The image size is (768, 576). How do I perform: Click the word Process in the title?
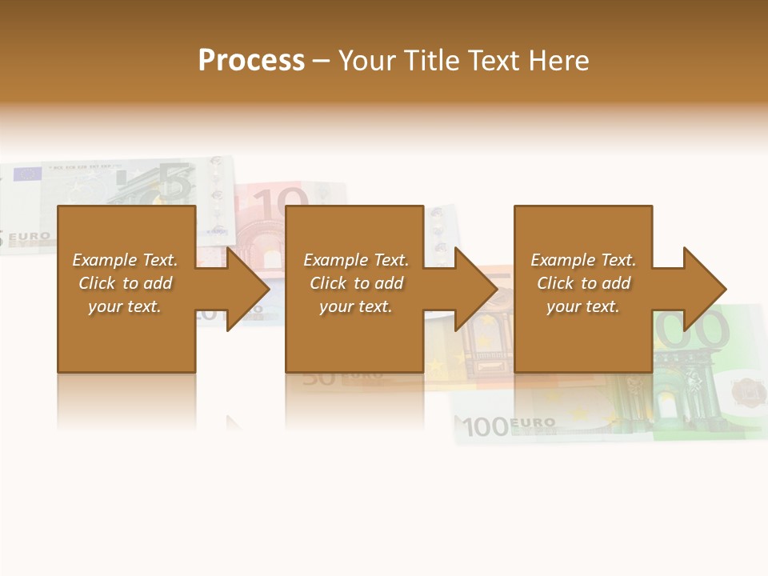(251, 61)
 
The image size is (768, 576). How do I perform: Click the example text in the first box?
(125, 283)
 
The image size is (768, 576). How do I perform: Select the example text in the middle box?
(356, 283)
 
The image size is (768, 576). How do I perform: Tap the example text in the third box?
(583, 283)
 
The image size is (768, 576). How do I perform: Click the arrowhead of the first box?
(247, 289)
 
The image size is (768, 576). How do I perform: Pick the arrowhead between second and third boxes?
(475, 289)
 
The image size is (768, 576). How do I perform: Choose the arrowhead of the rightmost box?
(704, 289)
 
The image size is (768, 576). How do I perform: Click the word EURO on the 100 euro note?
(532, 422)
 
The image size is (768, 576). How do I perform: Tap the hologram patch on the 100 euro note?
(747, 390)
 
